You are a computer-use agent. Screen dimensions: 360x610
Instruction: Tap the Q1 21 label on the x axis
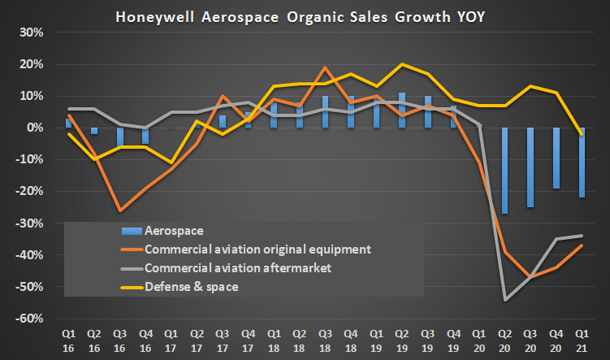[582, 340]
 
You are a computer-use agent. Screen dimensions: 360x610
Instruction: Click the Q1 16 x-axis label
[69, 340]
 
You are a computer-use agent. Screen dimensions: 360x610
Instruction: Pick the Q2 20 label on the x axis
[505, 340]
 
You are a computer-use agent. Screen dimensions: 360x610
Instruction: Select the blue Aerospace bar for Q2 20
[505, 171]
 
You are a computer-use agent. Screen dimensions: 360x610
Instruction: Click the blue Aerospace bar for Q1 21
[582, 163]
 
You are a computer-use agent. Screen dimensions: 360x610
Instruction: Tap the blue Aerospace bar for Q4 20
[556, 158]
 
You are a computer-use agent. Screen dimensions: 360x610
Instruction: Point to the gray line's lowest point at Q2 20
[505, 300]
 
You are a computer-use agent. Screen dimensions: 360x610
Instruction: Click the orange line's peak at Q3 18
[325, 67]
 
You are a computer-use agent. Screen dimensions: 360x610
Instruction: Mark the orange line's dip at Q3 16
[120, 210]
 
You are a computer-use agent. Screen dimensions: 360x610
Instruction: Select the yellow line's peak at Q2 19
[402, 64]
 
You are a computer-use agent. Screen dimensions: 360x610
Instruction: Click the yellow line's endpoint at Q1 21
[582, 134]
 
